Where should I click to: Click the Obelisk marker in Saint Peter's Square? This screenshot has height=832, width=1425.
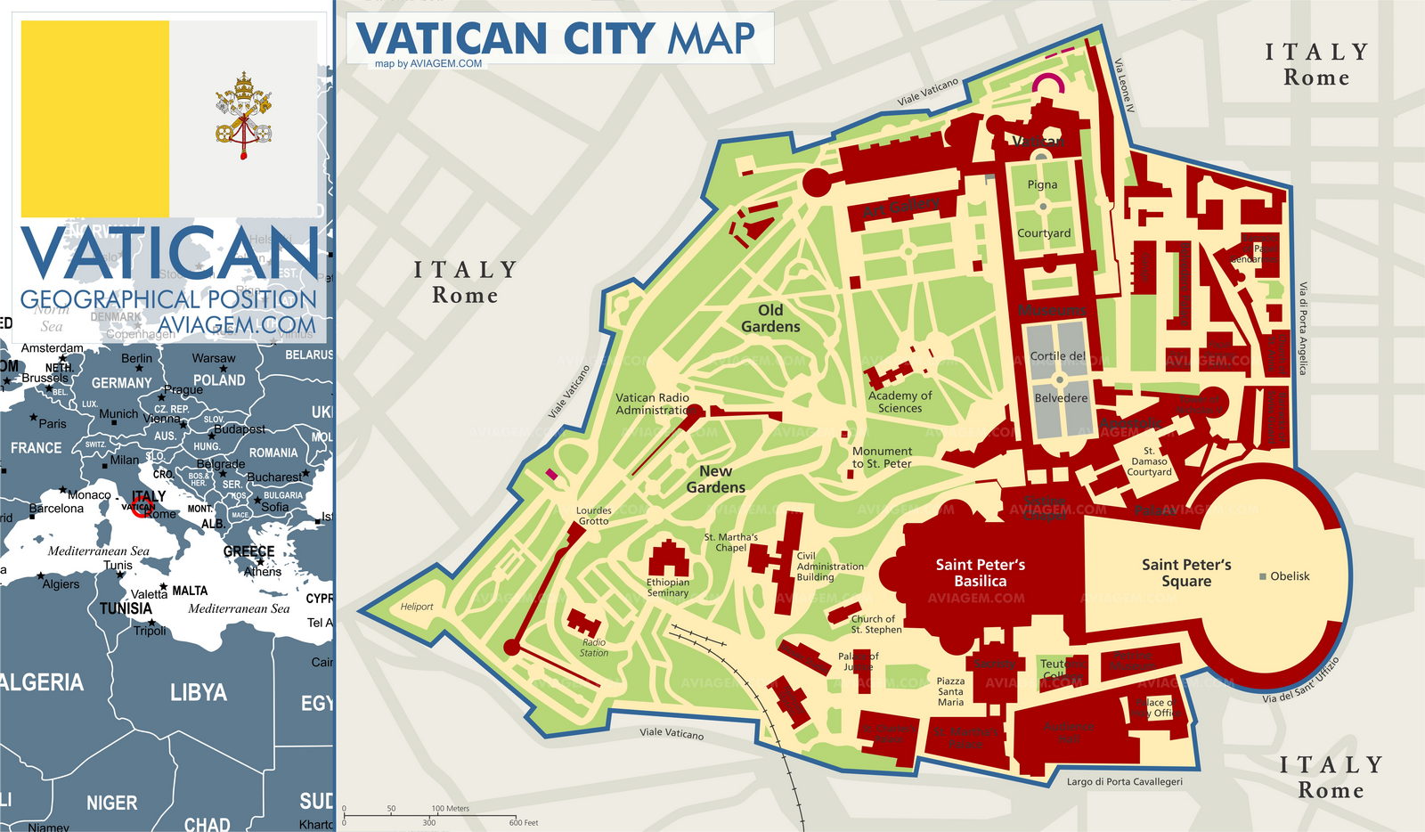coord(1263,577)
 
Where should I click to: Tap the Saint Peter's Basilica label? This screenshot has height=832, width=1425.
coord(980,573)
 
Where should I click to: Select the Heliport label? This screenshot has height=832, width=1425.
coord(417,607)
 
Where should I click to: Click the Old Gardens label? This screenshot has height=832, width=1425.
coord(770,318)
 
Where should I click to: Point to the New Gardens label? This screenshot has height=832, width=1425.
coord(716,479)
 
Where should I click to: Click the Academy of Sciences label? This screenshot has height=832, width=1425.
coord(900,402)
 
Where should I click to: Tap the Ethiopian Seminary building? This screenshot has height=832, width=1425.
coord(668,559)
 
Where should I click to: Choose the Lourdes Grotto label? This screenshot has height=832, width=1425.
coord(593,516)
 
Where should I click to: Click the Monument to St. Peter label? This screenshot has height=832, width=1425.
coord(882,457)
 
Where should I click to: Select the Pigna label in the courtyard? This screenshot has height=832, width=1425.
coord(1042,184)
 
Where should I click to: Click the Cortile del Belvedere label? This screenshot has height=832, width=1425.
coord(1059,376)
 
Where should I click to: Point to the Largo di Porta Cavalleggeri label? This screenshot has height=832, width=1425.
coord(1125,782)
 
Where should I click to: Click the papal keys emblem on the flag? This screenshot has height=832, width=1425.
coord(242,117)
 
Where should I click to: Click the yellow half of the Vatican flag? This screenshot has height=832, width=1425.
coord(95,118)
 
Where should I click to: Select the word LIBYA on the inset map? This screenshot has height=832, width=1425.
coord(198,693)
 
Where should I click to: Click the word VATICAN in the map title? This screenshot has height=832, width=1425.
coord(451,39)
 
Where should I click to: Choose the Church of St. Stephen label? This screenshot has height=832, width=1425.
coord(876,624)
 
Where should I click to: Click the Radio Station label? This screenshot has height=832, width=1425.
coord(594,648)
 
